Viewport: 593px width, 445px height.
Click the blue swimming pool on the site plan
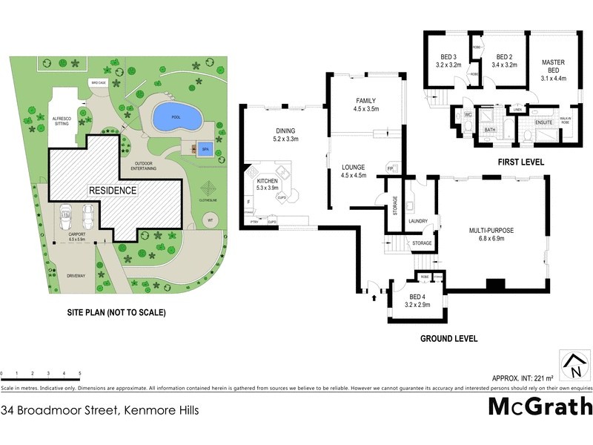click(176, 116)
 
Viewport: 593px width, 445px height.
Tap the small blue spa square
click(202, 147)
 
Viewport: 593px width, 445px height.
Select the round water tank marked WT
click(210, 220)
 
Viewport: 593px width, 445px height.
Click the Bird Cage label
click(98, 82)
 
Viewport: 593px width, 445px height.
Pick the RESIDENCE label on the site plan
click(113, 191)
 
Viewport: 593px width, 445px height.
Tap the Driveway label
click(76, 276)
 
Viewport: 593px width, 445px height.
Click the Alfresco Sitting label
click(60, 121)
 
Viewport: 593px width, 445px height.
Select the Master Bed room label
click(553, 67)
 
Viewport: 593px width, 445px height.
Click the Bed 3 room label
click(449, 61)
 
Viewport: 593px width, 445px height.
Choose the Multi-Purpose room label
click(491, 234)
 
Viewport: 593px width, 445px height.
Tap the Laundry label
click(420, 220)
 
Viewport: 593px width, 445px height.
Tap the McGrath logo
click(540, 406)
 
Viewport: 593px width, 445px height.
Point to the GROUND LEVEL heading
click(448, 338)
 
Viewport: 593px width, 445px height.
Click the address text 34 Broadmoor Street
click(99, 409)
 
